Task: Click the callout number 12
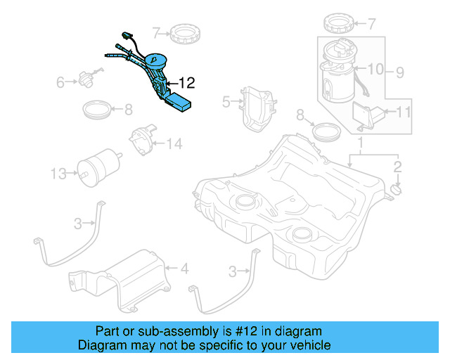(186, 82)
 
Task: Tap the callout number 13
(58, 171)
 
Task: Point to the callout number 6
(60, 82)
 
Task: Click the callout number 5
(226, 102)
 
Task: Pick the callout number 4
(185, 268)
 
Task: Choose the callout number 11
(404, 111)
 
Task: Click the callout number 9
(399, 71)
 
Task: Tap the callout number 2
(397, 167)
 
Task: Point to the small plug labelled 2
(394, 190)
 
